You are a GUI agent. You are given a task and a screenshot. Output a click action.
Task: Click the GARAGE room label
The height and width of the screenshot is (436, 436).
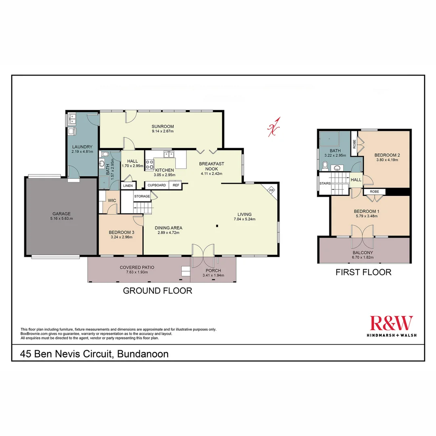61,214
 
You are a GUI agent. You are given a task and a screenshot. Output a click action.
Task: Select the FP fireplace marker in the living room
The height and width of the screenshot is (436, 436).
272,190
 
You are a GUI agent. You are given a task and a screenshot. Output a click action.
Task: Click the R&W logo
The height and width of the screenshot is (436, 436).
391,324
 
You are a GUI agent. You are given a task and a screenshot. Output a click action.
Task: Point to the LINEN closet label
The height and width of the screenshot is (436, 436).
128,186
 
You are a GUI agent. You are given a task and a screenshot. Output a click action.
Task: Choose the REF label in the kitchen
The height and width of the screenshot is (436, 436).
176,185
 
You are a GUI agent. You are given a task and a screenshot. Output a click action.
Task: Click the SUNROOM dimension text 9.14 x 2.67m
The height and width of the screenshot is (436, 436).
163,131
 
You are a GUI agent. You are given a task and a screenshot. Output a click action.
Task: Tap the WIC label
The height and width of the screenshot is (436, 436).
112,200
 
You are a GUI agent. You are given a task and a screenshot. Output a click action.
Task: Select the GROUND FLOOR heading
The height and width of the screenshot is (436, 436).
157,290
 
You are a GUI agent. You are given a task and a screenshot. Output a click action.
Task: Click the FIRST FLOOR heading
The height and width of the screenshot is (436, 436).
363,272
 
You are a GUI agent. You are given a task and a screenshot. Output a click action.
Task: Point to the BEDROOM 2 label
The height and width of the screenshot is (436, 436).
387,155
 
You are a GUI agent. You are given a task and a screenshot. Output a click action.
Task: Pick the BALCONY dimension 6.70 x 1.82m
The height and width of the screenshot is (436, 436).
363,257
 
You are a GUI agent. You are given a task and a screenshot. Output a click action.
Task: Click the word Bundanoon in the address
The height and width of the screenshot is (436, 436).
143,354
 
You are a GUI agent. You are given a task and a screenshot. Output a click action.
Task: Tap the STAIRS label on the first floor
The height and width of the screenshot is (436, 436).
325,183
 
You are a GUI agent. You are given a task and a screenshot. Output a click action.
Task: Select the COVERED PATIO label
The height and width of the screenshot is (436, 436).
137,267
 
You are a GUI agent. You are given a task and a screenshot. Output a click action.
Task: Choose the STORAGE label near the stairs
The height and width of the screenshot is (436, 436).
142,196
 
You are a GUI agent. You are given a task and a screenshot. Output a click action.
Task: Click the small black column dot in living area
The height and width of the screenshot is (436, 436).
217,226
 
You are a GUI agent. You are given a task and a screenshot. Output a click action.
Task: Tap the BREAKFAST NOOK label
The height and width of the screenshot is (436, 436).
212,166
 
